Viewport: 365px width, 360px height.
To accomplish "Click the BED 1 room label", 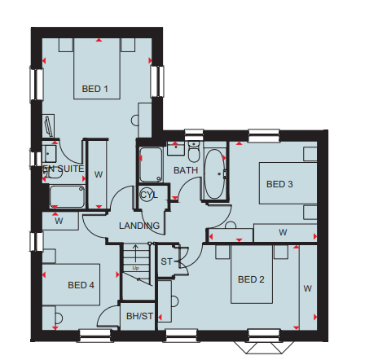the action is [x=95, y=89].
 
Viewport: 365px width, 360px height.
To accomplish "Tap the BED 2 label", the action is [x=251, y=279].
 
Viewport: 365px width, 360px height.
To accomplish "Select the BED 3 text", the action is [x=279, y=184].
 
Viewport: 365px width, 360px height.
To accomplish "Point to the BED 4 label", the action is [x=81, y=285].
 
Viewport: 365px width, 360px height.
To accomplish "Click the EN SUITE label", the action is [x=64, y=169].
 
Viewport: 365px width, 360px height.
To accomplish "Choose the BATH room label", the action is [x=186, y=170].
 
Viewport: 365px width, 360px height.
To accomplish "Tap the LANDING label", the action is [x=139, y=226].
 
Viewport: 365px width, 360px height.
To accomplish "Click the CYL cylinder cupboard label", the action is [x=149, y=195].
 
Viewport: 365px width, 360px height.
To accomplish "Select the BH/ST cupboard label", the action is [x=139, y=316].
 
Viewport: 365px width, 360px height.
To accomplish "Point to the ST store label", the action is [x=166, y=261].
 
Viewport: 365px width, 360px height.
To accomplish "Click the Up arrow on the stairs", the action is [x=135, y=253].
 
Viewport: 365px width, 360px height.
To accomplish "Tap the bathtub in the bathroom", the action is [x=214, y=173].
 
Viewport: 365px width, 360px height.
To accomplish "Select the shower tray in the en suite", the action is [x=67, y=196].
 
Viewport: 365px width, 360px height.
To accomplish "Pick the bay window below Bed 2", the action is [x=264, y=347].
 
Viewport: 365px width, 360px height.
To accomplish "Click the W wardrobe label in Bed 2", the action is [x=307, y=288].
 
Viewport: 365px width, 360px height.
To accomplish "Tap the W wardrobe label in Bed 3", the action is [x=283, y=232].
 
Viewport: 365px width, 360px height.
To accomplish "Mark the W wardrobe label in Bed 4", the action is [x=59, y=221].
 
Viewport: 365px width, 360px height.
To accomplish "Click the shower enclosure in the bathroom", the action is [x=151, y=165].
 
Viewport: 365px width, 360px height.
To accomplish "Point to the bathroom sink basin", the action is [x=176, y=148].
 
